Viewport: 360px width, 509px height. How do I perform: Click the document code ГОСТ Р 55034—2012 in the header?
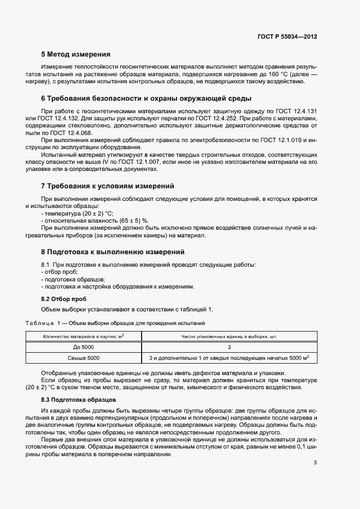point(287,37)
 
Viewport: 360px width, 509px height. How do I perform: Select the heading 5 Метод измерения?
point(76,54)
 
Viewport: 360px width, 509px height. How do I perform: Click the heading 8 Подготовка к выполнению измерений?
point(113,252)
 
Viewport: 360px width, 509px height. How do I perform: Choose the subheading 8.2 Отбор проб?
point(64,299)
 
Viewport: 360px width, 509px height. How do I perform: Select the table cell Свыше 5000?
point(83,358)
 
